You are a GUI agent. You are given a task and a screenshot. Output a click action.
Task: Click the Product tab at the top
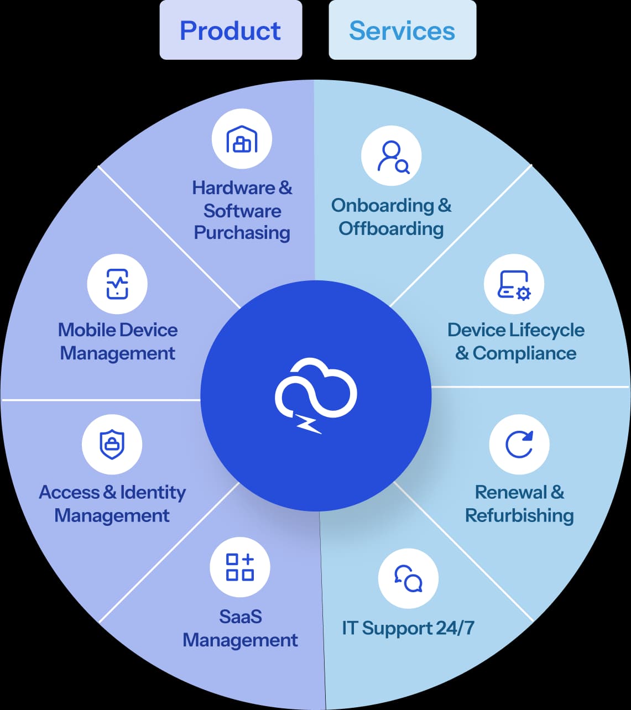tap(231, 30)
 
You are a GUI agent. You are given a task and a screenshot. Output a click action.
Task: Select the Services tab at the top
tap(402, 30)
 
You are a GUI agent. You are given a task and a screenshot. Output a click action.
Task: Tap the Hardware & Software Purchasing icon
tap(242, 139)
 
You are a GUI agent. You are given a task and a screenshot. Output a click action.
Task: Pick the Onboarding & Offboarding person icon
tap(392, 156)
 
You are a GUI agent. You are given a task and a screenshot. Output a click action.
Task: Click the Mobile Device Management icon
tap(117, 284)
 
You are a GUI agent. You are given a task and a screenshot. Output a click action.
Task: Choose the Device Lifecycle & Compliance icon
tap(514, 284)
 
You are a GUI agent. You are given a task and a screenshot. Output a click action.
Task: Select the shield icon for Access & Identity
tap(112, 445)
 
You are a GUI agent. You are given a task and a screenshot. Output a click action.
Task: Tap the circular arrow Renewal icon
tap(519, 445)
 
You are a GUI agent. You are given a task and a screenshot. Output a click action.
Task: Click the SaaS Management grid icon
tap(240, 567)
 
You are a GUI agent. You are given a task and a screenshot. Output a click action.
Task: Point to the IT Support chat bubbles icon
tap(408, 578)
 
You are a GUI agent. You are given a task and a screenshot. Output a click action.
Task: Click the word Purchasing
tap(242, 233)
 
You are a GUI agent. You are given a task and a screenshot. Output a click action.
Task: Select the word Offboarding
tap(391, 228)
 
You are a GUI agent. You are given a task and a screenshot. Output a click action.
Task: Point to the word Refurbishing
tap(519, 515)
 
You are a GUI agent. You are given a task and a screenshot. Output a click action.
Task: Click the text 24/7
tap(455, 628)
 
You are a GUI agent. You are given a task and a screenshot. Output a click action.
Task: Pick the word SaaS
tap(240, 617)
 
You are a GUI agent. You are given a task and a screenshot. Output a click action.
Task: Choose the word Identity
tap(153, 492)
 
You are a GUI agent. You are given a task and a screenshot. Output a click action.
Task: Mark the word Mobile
tap(86, 330)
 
